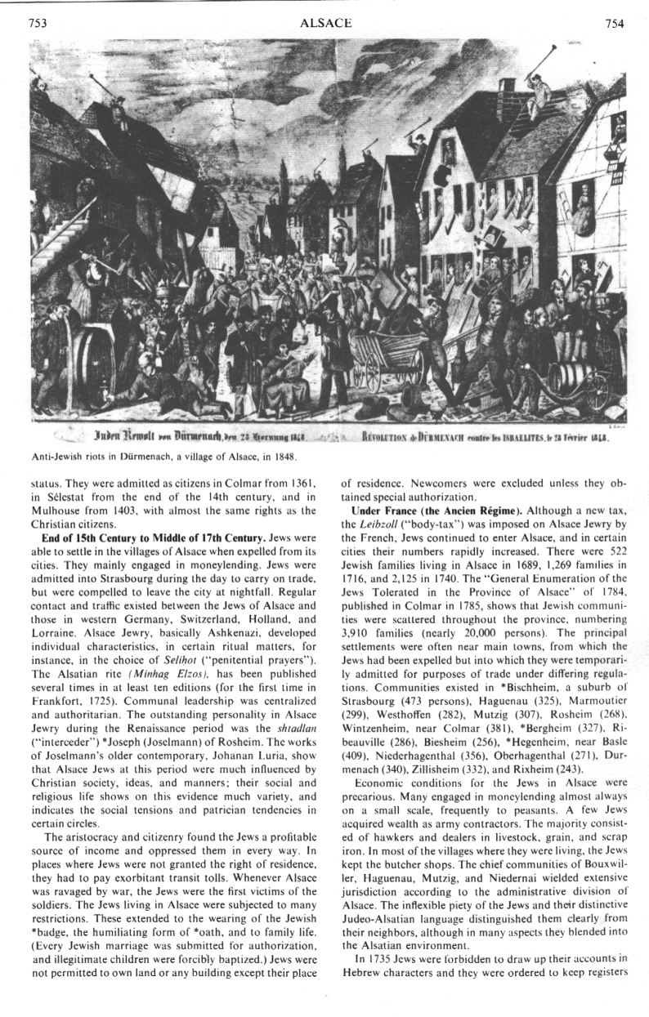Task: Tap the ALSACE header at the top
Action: point(326,24)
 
